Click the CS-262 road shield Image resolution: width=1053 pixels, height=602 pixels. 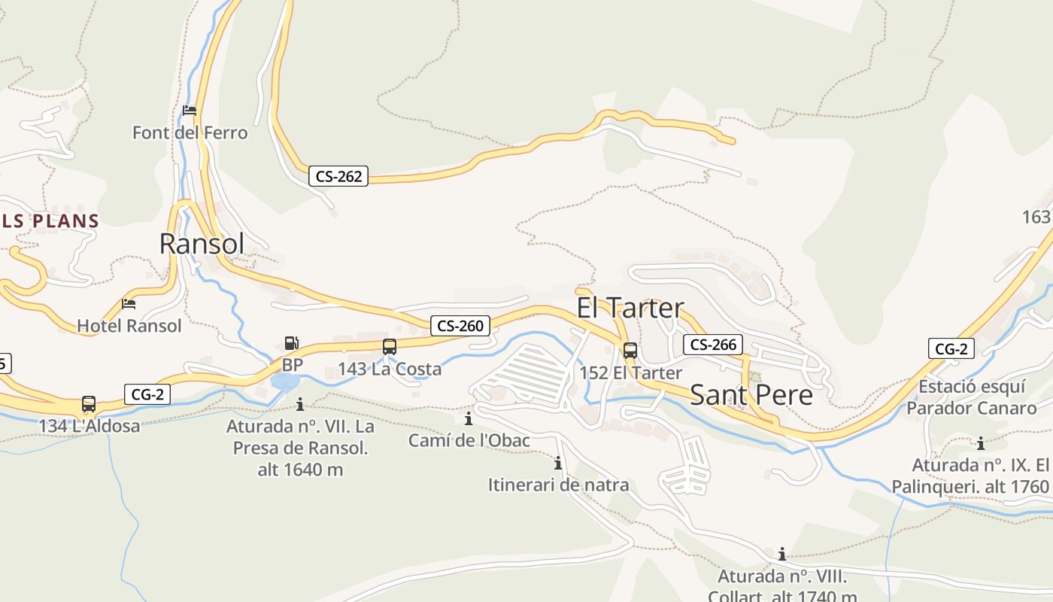pyautogui.click(x=338, y=177)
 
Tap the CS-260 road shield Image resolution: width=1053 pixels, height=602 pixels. pyautogui.click(x=460, y=326)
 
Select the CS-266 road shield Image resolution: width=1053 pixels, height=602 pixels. pyautogui.click(x=713, y=345)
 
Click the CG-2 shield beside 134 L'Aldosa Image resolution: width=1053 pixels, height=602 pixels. pyautogui.click(x=147, y=394)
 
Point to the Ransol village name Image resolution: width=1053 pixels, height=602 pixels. pyautogui.click(x=202, y=244)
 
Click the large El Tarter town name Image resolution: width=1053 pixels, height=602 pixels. pyautogui.click(x=630, y=308)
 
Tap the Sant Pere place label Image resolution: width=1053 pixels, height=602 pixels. pyautogui.click(x=751, y=395)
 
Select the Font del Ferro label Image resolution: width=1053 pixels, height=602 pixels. pyautogui.click(x=190, y=133)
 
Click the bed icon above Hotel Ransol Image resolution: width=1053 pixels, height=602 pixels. pyautogui.click(x=129, y=304)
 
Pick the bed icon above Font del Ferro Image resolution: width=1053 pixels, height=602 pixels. pyautogui.click(x=190, y=111)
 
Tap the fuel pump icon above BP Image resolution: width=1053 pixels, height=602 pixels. pyautogui.click(x=291, y=343)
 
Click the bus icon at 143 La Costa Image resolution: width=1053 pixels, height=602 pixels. pyautogui.click(x=390, y=347)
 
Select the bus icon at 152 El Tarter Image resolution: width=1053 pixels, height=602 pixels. pyautogui.click(x=630, y=351)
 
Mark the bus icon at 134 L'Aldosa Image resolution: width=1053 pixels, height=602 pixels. pyautogui.click(x=89, y=404)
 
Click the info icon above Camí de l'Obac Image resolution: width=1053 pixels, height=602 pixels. pyautogui.click(x=469, y=418)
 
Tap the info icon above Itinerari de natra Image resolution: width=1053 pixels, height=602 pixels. pyautogui.click(x=558, y=463)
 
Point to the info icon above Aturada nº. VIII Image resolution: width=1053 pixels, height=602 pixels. pyautogui.click(x=782, y=555)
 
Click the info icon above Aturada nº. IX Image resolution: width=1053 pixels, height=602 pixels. pyautogui.click(x=981, y=443)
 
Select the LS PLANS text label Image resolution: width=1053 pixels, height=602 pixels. pyautogui.click(x=50, y=221)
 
